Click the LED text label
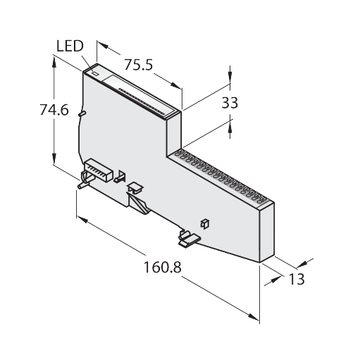tap(69, 46)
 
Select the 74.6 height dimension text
tap(54, 109)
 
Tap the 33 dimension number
tap(230, 103)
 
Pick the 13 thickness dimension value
tap(297, 279)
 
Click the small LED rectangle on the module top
tap(95, 72)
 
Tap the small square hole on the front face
tap(205, 223)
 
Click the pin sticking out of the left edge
tap(82, 111)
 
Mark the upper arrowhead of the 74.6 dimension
tap(54, 62)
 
